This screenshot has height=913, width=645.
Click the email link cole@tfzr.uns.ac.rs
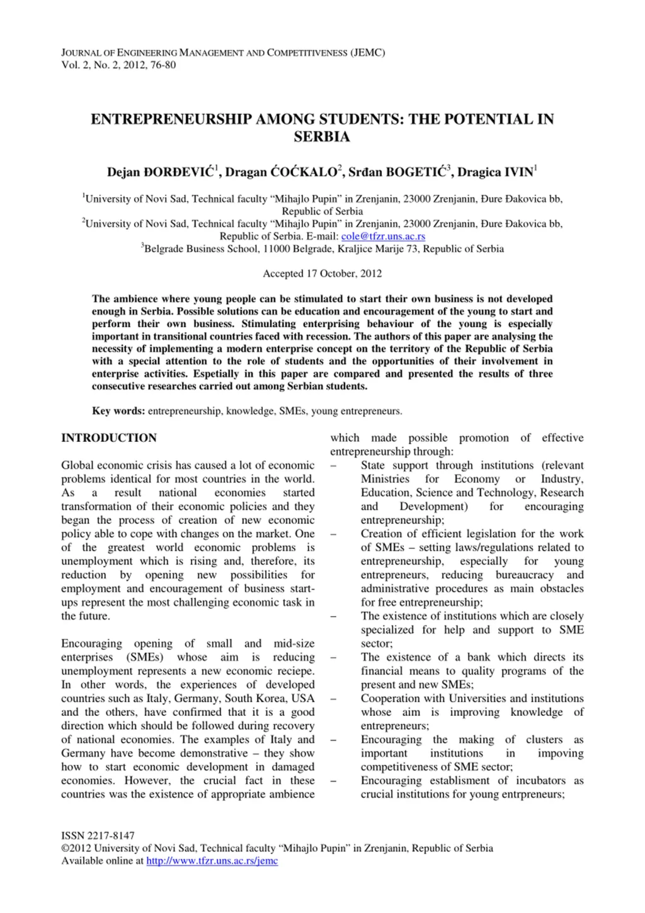coord(383,236)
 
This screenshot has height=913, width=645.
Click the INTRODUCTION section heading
coord(109,438)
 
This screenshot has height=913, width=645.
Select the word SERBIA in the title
coord(322,137)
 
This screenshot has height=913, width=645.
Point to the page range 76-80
coord(163,65)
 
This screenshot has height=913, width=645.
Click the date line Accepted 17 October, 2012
coord(322,273)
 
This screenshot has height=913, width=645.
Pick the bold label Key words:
coord(119,411)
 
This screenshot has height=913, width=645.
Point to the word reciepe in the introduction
coord(294,671)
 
